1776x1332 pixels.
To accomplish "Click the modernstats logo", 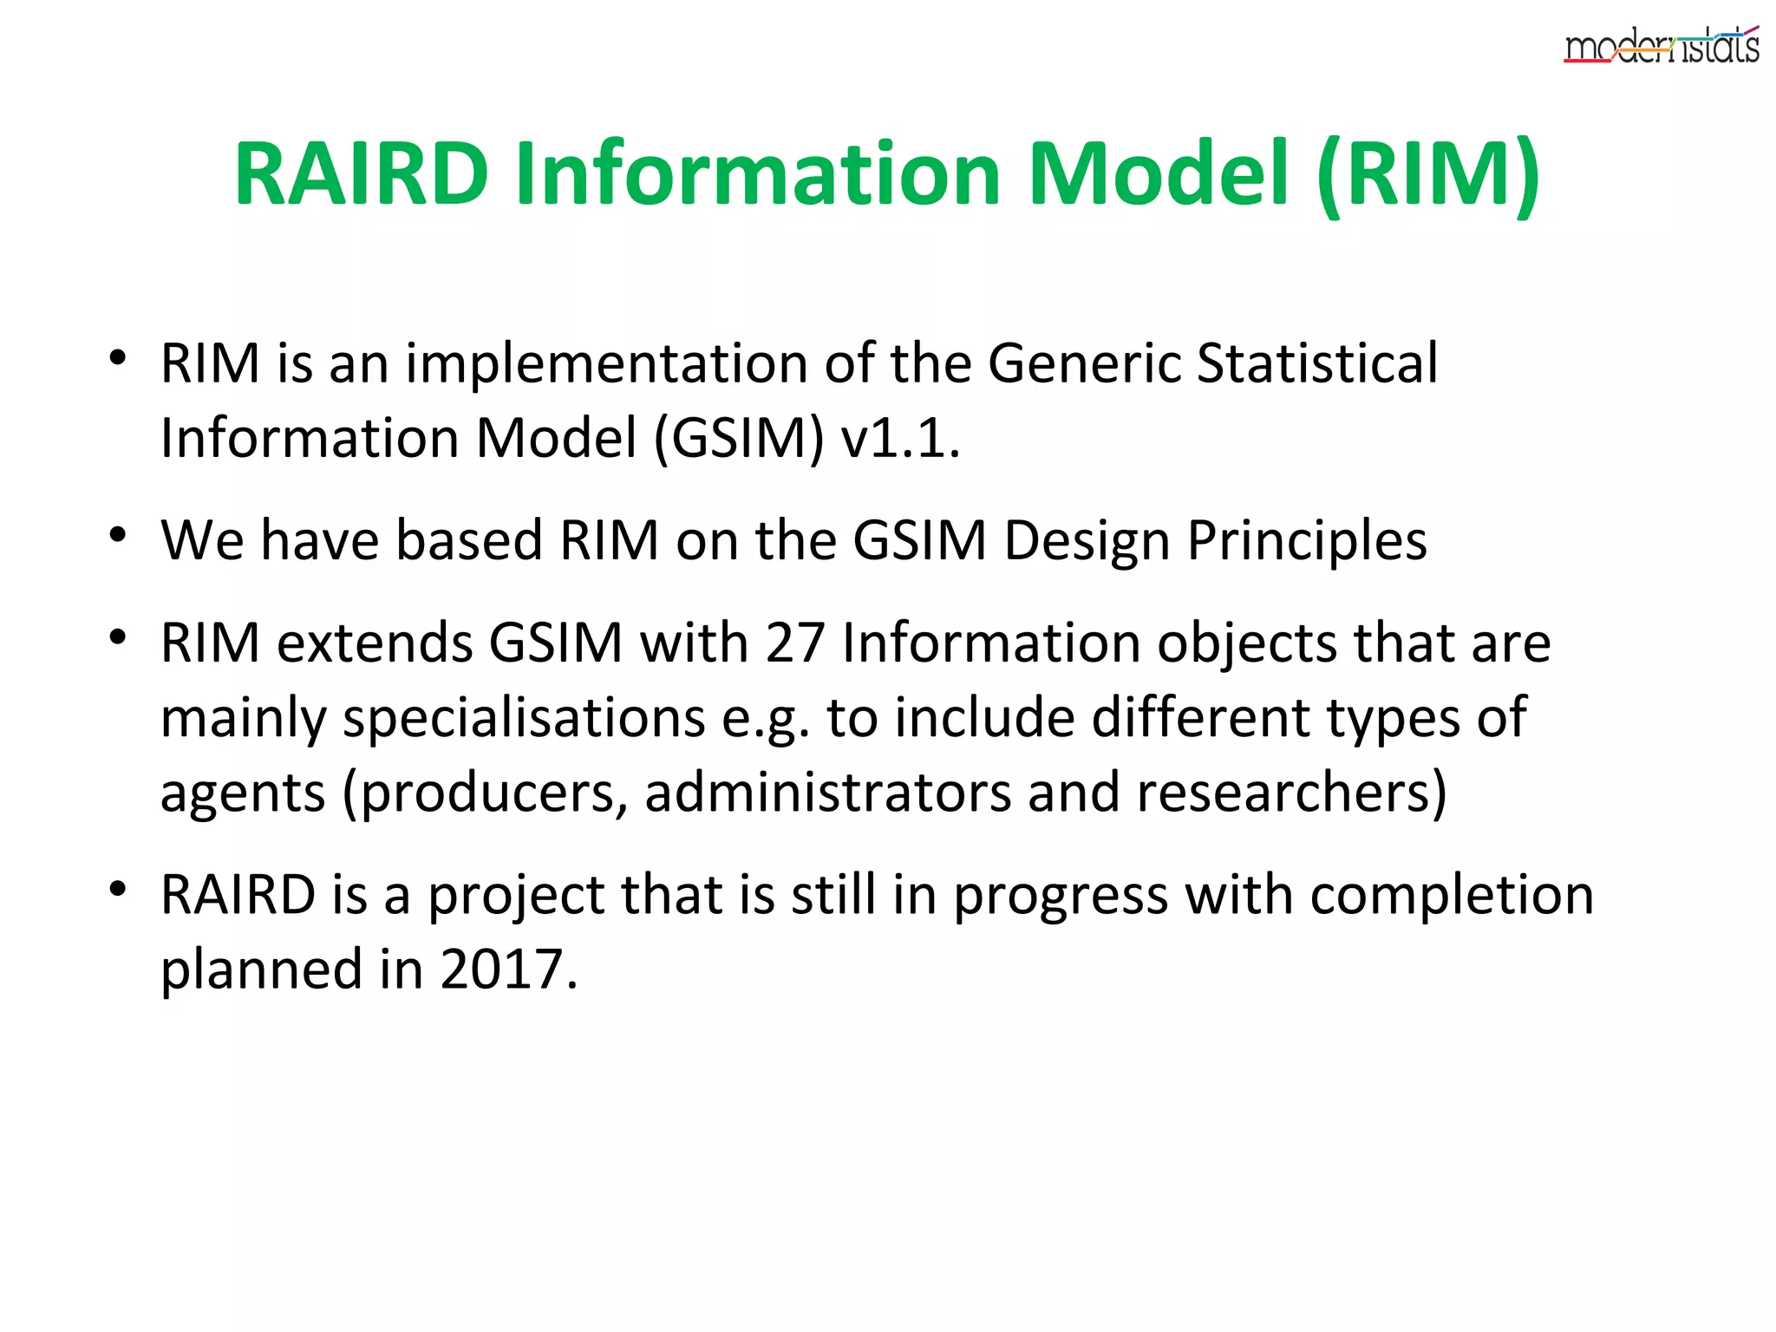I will click(x=1661, y=46).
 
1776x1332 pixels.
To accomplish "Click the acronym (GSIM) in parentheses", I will click(x=738, y=438).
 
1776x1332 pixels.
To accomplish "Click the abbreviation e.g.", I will click(x=767, y=719).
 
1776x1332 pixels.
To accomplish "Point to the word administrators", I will click(x=827, y=793).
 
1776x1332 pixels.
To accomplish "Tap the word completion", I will click(x=1452, y=895).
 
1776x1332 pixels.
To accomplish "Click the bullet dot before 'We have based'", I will click(x=118, y=534).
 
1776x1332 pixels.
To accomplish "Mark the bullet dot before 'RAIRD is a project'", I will click(x=118, y=889).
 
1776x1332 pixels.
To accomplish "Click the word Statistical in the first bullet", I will click(x=1317, y=362).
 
